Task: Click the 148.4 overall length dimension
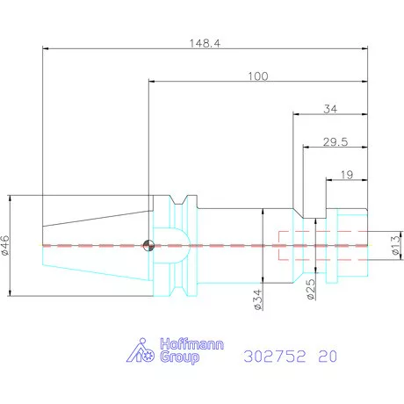coord(205,43)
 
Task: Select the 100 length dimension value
coord(258,76)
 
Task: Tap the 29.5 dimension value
coord(335,142)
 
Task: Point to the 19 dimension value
coord(347,175)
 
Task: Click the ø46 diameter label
coord(5,245)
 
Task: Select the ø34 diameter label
coord(257,299)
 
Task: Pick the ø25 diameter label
coord(311,290)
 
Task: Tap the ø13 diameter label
coord(396,245)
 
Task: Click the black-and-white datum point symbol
coord(148,245)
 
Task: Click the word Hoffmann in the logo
coord(191,344)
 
